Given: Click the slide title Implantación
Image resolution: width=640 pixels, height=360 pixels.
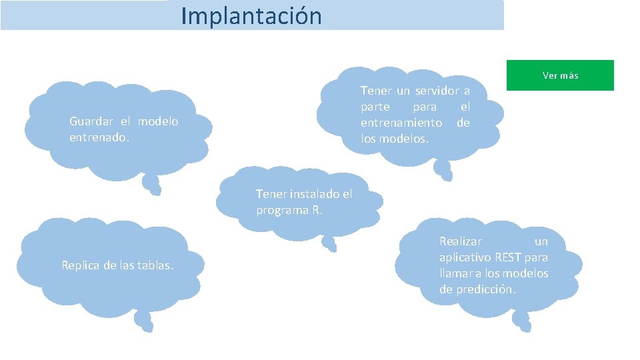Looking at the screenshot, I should click(251, 15).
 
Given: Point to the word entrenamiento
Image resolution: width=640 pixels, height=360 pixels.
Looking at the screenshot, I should click(401, 123).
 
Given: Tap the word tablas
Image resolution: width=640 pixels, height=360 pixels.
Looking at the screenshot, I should click(155, 265).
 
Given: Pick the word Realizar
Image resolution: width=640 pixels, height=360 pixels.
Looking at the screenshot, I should click(461, 241).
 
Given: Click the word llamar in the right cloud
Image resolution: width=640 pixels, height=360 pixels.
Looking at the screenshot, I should click(454, 273).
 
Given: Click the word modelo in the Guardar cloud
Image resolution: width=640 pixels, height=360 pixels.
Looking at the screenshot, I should click(158, 121).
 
